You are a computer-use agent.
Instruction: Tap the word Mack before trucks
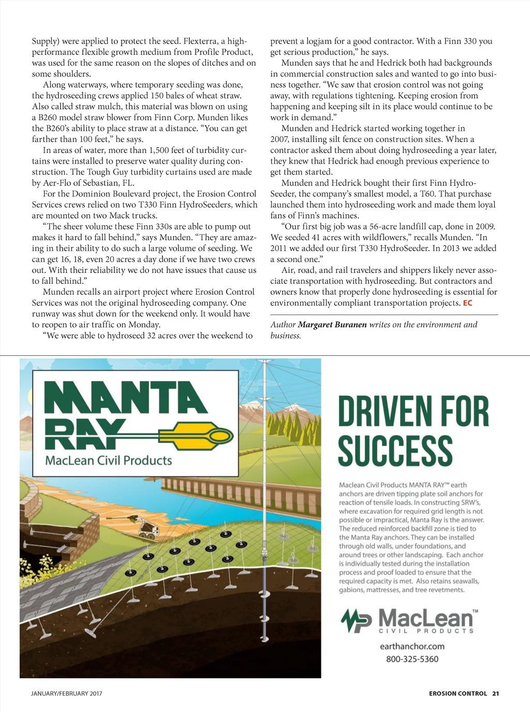point(120,215)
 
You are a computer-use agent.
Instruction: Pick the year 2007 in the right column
point(279,139)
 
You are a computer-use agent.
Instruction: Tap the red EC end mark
point(467,303)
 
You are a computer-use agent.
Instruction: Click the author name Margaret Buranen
point(332,325)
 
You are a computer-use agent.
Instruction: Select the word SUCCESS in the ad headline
point(395,451)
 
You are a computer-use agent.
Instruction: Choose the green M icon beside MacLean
point(356,620)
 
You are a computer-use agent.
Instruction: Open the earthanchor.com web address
point(412,646)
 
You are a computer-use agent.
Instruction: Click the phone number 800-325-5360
point(412,659)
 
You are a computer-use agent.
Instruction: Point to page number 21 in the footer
point(495,693)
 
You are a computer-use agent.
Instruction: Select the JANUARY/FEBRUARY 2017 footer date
point(67,693)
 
